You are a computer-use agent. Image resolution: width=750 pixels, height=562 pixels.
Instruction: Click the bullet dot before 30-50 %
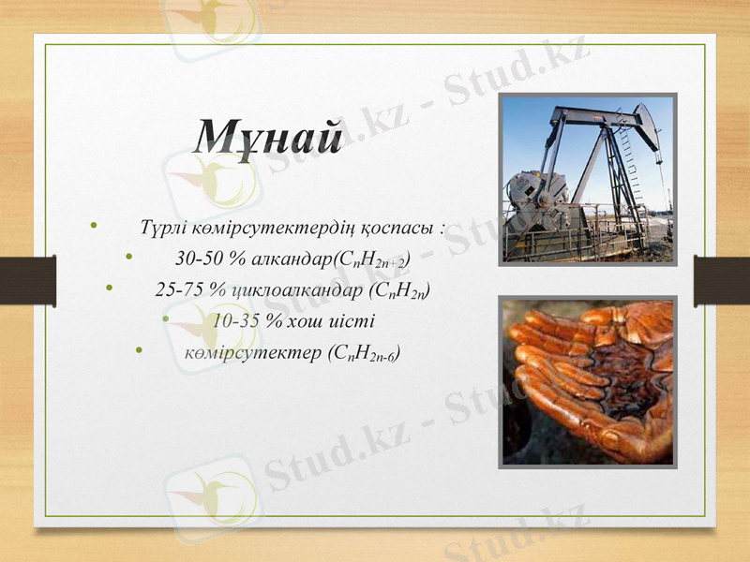[x=128, y=257]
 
